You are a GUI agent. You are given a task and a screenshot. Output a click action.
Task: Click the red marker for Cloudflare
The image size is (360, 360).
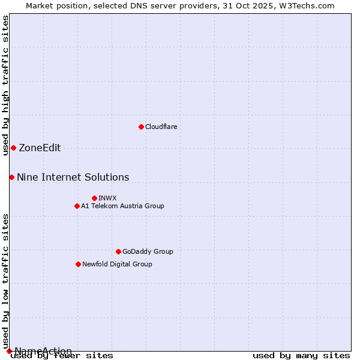(x=141, y=127)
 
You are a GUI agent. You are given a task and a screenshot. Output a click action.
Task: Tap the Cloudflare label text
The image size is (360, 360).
(x=161, y=127)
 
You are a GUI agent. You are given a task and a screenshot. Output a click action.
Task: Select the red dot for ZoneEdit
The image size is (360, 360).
(x=13, y=148)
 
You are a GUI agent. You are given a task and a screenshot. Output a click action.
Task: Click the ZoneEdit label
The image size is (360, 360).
(x=40, y=148)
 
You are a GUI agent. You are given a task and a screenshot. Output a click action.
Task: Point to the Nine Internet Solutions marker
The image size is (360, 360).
(x=11, y=177)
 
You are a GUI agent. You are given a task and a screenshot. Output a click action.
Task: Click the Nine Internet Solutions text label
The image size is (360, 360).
(x=73, y=177)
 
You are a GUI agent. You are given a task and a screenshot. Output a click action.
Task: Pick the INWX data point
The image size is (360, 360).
(x=94, y=198)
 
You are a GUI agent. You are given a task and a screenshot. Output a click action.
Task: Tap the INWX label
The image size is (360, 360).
(x=107, y=198)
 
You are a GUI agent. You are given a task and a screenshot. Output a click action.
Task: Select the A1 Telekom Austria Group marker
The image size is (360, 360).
(x=77, y=206)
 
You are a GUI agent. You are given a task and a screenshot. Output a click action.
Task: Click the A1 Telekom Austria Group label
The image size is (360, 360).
(x=122, y=206)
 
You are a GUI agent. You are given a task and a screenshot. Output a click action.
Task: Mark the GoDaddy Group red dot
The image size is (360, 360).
(x=118, y=251)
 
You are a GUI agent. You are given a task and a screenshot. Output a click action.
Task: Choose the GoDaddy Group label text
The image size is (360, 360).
(x=147, y=251)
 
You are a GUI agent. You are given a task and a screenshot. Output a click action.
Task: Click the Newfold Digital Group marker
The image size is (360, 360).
(x=78, y=264)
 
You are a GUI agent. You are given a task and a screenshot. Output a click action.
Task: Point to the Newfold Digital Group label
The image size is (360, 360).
(x=117, y=264)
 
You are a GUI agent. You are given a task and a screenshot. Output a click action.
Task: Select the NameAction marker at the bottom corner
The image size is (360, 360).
(x=9, y=351)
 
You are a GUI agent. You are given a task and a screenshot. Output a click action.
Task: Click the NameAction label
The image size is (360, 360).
(x=43, y=351)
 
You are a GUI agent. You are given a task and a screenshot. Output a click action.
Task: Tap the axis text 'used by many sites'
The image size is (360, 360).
(x=301, y=356)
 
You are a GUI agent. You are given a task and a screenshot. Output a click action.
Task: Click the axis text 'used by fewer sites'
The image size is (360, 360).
(x=62, y=356)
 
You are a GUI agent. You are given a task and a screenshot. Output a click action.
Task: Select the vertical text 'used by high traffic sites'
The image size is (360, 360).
(x=5, y=85)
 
